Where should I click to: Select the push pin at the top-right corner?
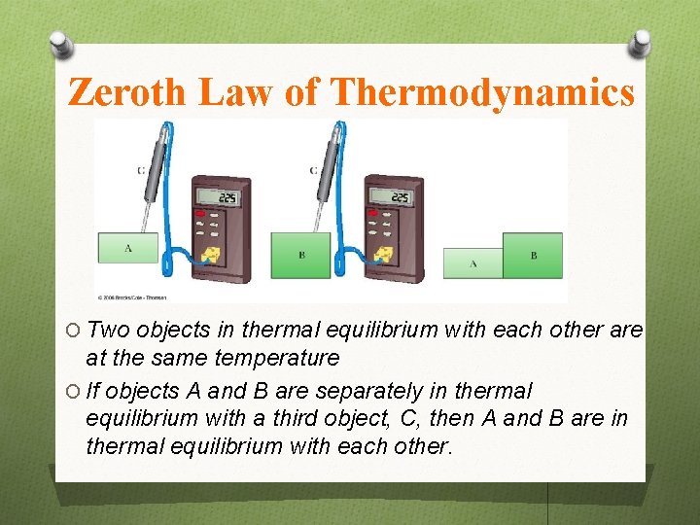640,43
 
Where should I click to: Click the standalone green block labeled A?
127,249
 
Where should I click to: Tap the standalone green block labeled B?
300,255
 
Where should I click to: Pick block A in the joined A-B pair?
473,263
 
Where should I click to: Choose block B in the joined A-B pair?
533,255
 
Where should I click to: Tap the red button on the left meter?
201,212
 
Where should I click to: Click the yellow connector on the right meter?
381,256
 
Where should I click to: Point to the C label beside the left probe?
141,170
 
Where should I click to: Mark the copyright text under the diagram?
131,297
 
